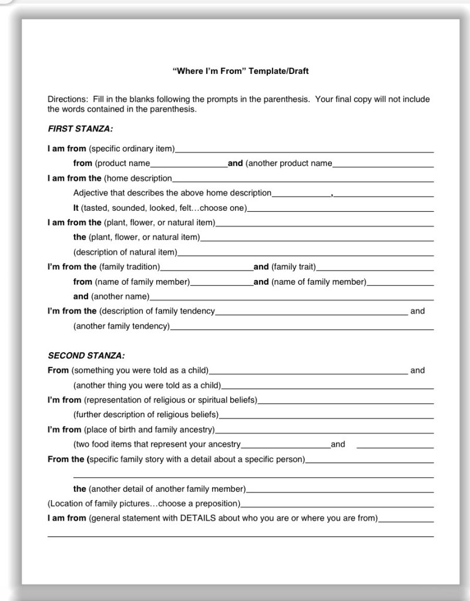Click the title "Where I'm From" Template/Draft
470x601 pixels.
[240, 72]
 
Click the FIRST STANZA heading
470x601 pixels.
[80, 128]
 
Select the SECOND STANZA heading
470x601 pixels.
[86, 356]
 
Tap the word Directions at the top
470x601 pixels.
[66, 99]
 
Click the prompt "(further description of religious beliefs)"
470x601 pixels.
[146, 415]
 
